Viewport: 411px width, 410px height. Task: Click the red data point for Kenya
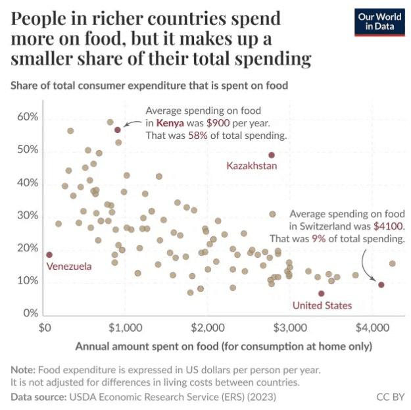(118, 130)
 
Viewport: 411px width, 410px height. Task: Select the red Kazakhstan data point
(271, 155)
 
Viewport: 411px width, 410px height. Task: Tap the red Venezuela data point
(49, 255)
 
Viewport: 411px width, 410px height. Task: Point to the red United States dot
(321, 294)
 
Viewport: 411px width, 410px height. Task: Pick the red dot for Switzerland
(381, 285)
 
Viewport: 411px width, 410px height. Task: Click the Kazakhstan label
(252, 166)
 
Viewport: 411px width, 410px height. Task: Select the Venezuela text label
(69, 267)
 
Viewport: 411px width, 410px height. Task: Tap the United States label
(322, 305)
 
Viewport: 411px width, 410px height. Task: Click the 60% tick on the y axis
(28, 117)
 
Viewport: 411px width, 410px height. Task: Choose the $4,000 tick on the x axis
(372, 327)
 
